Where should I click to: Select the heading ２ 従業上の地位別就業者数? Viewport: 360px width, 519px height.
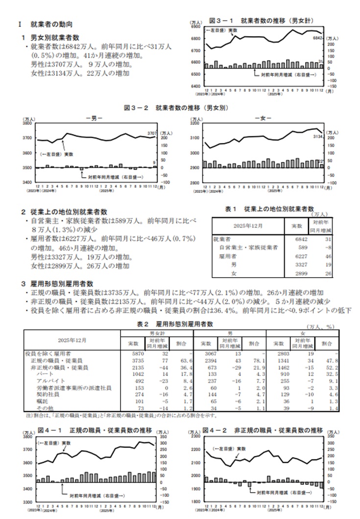pos(64,212)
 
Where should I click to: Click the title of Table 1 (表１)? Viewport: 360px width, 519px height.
pos(269,209)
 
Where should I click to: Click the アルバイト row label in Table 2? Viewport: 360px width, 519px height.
pos(47,380)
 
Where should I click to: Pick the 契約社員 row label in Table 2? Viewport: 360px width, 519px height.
pos(46,394)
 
